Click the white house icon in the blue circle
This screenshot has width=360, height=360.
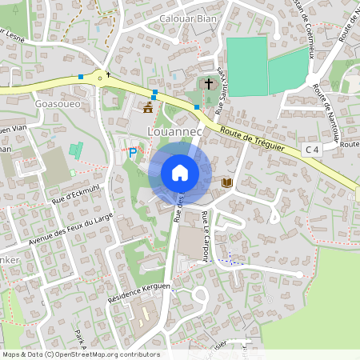[x=179, y=173]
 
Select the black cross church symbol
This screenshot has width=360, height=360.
[x=209, y=83]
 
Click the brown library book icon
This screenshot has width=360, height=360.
[x=226, y=183]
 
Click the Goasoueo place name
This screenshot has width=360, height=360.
[x=57, y=104]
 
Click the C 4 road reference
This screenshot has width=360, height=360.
[x=311, y=149]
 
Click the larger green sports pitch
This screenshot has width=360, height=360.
[x=246, y=66]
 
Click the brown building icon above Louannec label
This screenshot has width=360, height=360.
[x=147, y=107]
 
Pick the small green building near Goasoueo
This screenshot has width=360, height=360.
[x=76, y=150]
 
